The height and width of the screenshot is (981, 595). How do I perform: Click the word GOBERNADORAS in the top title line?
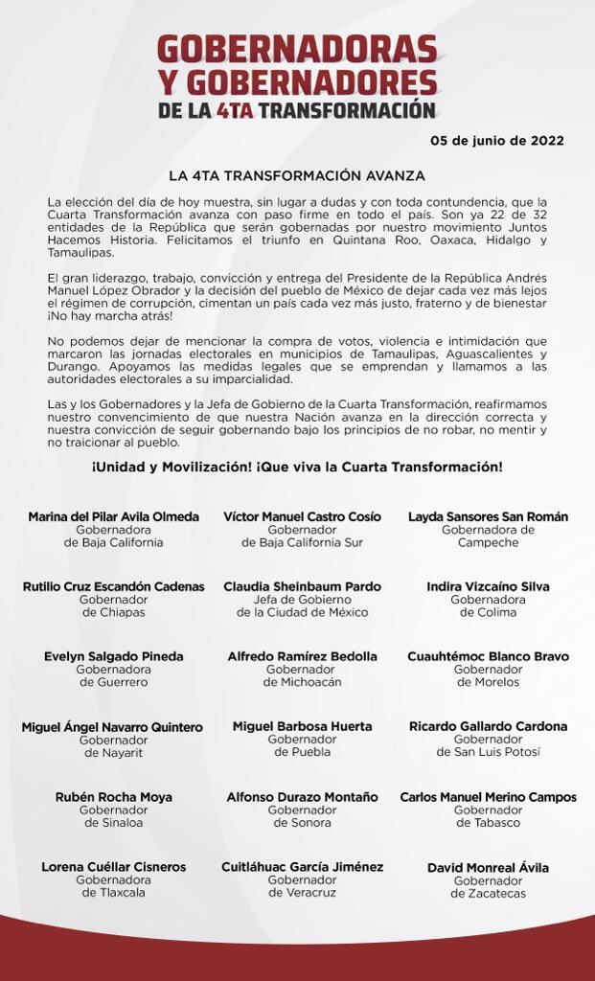[x=297, y=49]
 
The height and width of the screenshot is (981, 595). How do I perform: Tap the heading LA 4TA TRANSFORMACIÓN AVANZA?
[x=297, y=176]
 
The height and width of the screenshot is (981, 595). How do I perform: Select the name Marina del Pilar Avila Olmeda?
[x=113, y=516]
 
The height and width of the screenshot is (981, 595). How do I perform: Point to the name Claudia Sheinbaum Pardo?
[x=302, y=586]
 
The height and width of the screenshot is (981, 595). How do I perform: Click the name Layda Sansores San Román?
[x=488, y=516]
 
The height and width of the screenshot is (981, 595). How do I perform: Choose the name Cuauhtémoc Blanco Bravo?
[x=488, y=656]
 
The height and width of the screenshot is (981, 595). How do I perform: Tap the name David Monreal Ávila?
[x=488, y=867]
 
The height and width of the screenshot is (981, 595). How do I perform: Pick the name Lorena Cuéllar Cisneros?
[x=113, y=867]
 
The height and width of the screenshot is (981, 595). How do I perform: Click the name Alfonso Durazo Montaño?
[x=302, y=797]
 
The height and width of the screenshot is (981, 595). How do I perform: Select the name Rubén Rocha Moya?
[x=113, y=797]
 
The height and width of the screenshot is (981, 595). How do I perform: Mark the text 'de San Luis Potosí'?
[x=488, y=752]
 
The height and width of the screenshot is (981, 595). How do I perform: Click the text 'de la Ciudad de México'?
[x=302, y=612]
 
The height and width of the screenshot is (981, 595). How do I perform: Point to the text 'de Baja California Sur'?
[x=302, y=542]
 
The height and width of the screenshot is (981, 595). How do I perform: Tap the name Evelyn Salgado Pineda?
[x=113, y=656]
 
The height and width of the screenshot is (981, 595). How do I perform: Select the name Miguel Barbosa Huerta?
[x=302, y=726]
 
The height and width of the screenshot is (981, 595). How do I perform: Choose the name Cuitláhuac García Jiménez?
[x=302, y=867]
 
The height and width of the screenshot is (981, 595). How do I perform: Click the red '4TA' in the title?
[x=235, y=110]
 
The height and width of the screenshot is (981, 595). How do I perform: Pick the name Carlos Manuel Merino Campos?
[x=488, y=797]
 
